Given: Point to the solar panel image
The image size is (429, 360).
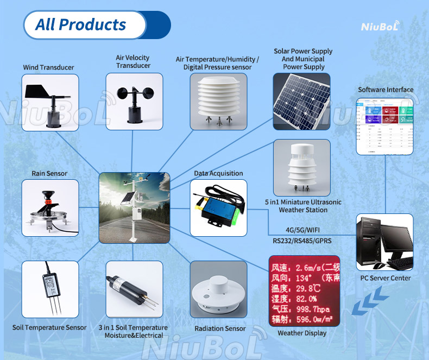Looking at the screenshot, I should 301,102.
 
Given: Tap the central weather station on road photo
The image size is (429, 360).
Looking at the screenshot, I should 134,207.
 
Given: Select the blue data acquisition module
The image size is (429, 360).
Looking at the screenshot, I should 218,208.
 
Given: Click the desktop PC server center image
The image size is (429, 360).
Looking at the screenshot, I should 384,242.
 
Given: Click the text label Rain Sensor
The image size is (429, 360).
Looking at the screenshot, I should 49,174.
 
